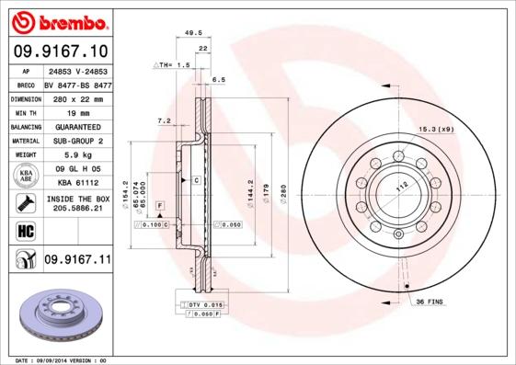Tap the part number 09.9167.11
(77, 260)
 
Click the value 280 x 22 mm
(76, 98)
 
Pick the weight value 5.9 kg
(76, 154)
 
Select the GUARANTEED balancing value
(76, 127)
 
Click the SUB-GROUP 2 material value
(76, 141)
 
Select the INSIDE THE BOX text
(77, 199)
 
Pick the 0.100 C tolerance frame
(151, 223)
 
